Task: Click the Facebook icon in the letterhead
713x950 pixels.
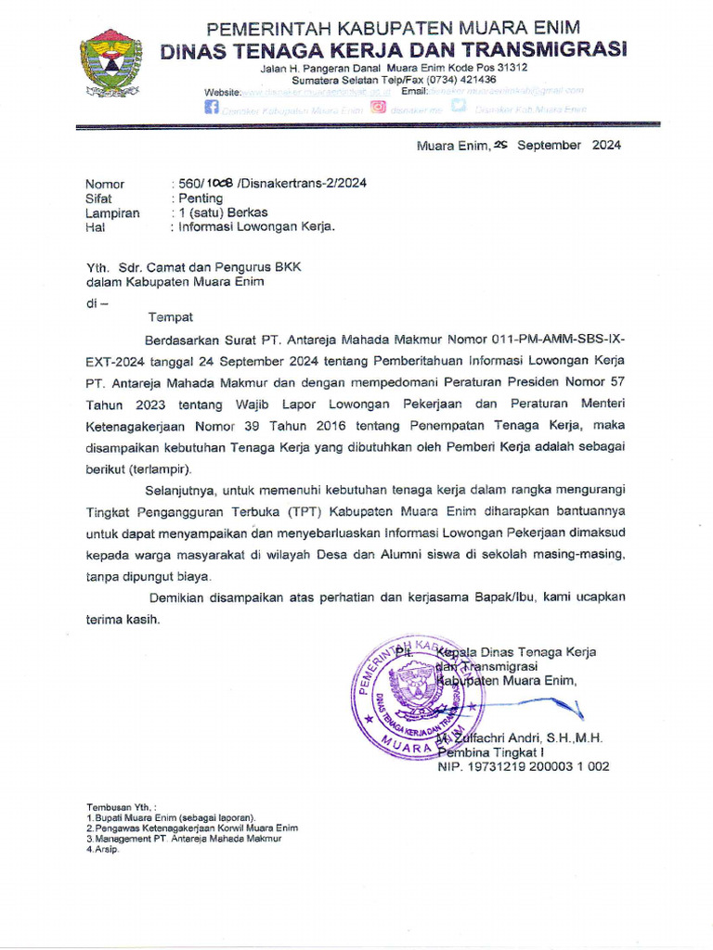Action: (x=212, y=108)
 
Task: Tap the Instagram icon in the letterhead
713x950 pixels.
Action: (x=378, y=107)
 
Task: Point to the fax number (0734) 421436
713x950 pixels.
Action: (x=462, y=80)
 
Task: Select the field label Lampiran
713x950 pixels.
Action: (x=112, y=212)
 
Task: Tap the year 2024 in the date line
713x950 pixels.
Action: (x=604, y=145)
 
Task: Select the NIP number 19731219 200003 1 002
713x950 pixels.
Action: (x=523, y=766)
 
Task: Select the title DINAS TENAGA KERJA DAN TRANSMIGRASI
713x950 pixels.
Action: (x=394, y=49)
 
